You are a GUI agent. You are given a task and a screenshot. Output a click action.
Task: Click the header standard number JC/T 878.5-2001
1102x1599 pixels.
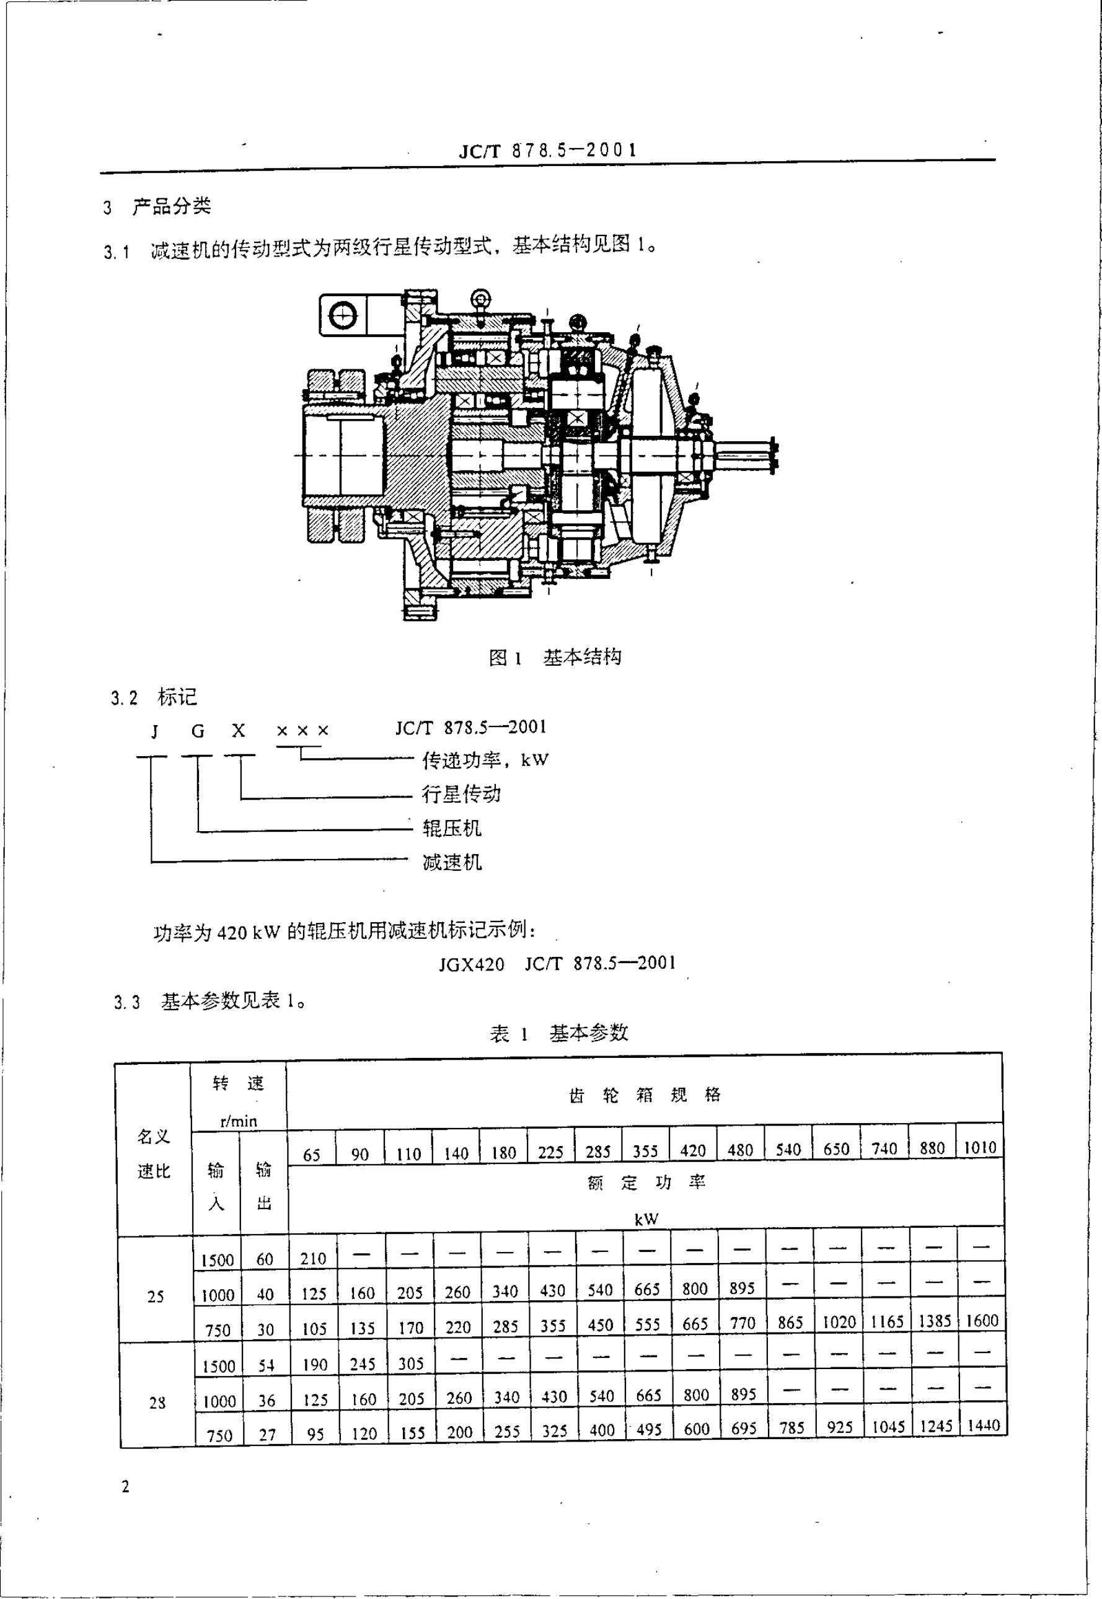(x=547, y=151)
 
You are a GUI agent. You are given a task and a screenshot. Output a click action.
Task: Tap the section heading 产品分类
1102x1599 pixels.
(x=171, y=206)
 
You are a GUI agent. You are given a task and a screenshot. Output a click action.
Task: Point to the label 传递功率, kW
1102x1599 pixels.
(x=485, y=760)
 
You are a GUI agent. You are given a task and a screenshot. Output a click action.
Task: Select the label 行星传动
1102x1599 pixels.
(x=461, y=794)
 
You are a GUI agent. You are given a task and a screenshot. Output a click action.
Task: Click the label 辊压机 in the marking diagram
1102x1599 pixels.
(x=452, y=828)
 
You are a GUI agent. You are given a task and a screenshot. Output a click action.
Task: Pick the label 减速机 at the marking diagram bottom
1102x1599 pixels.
(x=452, y=861)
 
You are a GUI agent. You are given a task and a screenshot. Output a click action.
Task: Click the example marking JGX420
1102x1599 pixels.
(x=472, y=963)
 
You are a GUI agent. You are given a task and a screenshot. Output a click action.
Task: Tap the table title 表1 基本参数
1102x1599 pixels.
(x=558, y=1033)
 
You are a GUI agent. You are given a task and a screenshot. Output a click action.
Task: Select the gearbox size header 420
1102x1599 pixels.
(x=692, y=1150)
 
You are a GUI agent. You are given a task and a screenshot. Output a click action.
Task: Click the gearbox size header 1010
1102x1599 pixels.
(x=980, y=1147)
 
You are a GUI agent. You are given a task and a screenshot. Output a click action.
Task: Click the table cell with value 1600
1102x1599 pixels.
(x=982, y=1320)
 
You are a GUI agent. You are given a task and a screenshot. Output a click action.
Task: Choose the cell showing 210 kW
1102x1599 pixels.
(x=313, y=1258)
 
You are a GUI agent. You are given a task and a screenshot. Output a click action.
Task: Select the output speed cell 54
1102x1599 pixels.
(x=266, y=1365)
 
